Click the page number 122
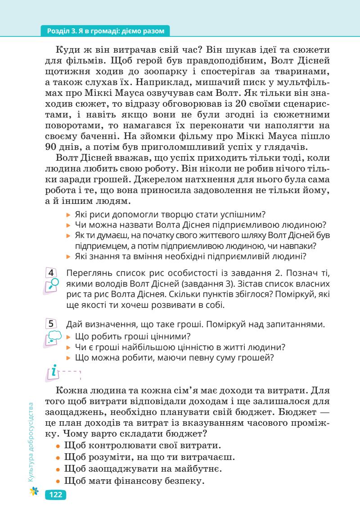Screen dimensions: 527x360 (x=56, y=495)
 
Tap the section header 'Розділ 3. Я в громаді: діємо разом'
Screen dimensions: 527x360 (x=106, y=31)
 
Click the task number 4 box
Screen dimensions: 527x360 (x=52, y=273)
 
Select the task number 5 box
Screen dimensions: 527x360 (x=52, y=323)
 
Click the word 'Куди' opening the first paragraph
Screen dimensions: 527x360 (x=68, y=50)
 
